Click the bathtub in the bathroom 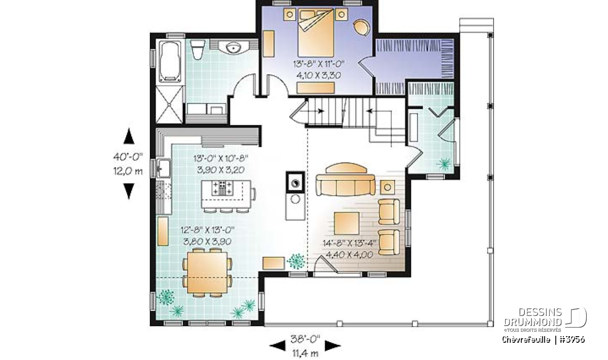point(170,61)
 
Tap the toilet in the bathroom point(197,50)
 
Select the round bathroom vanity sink point(234,48)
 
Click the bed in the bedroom point(316,32)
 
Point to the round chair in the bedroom point(362,27)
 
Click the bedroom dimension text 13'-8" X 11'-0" point(319,64)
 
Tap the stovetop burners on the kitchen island point(222,188)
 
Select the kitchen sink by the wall point(163,168)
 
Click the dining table point(208,272)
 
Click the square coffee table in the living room point(347,223)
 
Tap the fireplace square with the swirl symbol point(295,183)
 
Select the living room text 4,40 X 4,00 point(349,255)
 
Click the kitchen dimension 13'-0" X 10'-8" point(221,158)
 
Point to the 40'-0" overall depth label point(128,157)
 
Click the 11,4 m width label point(306,353)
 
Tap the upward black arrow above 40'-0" point(129,136)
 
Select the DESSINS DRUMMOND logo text point(533,316)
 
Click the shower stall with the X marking point(169,104)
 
